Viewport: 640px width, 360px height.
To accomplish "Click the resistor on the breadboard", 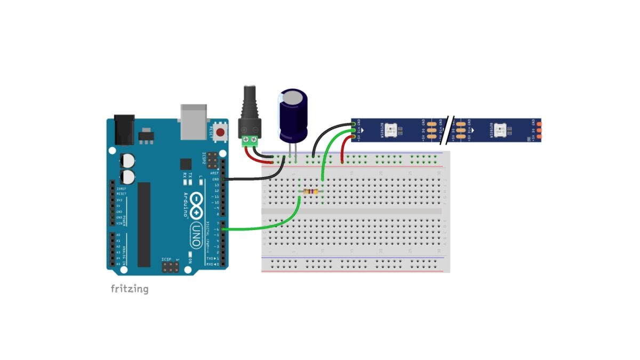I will pyautogui.click(x=311, y=192).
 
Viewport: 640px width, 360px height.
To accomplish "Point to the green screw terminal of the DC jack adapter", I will pyautogui.click(x=251, y=141).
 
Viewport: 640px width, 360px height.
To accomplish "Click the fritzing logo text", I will pyautogui.click(x=130, y=289).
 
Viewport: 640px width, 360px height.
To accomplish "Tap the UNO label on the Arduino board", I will pyautogui.click(x=196, y=234).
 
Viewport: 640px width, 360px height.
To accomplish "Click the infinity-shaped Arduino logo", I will pyautogui.click(x=197, y=204).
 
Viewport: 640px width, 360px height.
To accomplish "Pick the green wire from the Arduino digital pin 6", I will pyautogui.click(x=267, y=227).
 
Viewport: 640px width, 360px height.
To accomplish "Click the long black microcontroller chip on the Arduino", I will pyautogui.click(x=144, y=224).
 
